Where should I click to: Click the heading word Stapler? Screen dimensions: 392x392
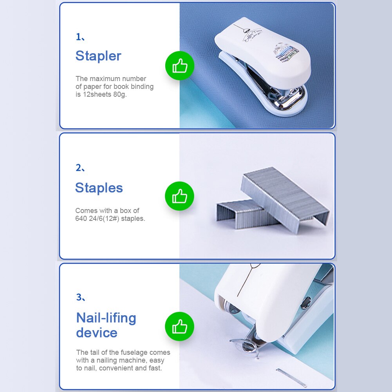pyautogui.click(x=98, y=56)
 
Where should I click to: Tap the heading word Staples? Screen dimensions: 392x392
pyautogui.click(x=99, y=188)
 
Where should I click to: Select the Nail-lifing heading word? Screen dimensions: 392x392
pyautogui.click(x=106, y=318)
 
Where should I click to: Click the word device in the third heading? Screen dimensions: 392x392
pyautogui.click(x=97, y=333)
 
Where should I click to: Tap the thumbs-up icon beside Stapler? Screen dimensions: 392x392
pyautogui.click(x=180, y=66)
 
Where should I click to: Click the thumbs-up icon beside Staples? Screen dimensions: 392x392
pyautogui.click(x=180, y=196)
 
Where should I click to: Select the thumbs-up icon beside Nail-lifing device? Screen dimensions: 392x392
pyautogui.click(x=180, y=326)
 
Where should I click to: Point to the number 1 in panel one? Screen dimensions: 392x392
pyautogui.click(x=78, y=37)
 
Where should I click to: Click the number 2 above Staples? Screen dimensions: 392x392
pyautogui.click(x=78, y=168)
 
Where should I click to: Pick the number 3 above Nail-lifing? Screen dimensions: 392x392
pyautogui.click(x=79, y=297)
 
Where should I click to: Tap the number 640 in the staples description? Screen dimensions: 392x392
pyautogui.click(x=81, y=219)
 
